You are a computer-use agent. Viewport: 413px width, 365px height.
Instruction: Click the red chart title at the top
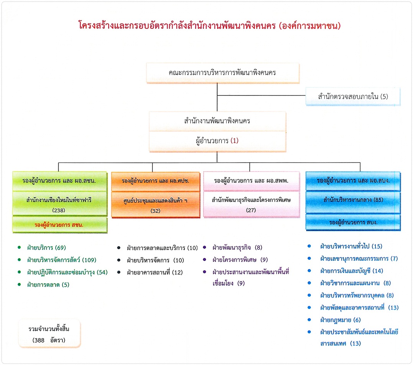click(209, 26)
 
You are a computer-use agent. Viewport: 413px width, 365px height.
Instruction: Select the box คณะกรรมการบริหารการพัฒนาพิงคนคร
click(223, 73)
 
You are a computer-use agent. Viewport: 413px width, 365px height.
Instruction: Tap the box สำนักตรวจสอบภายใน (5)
click(353, 96)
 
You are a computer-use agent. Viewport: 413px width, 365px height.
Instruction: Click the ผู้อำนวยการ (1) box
click(217, 141)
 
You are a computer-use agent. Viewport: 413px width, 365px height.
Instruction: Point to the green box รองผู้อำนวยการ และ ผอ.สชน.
click(60, 181)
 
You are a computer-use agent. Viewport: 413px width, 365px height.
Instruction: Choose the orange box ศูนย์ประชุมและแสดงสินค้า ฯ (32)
click(155, 205)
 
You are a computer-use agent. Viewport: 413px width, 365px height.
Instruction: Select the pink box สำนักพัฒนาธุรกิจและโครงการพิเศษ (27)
click(251, 205)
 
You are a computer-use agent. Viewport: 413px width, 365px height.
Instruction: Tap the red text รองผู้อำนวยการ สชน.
click(59, 225)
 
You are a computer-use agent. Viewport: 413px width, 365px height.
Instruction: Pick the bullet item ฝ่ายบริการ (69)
click(47, 248)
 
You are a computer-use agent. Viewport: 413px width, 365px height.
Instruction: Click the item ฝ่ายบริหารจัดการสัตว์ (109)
click(62, 260)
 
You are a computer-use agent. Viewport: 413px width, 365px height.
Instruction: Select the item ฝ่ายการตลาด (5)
click(48, 285)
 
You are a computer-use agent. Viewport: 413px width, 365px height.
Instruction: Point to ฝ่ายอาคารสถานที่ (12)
click(155, 272)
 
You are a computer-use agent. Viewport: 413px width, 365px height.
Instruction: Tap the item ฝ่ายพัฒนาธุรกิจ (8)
click(237, 248)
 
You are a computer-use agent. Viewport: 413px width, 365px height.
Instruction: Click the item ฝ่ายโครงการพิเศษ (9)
click(240, 260)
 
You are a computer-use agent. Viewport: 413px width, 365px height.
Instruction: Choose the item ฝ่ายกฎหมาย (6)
click(340, 320)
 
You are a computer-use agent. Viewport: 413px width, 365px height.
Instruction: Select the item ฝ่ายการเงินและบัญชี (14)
click(352, 271)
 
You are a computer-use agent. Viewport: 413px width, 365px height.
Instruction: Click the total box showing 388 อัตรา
click(49, 334)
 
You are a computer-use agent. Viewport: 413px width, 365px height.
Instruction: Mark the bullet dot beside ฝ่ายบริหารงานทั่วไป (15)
click(309, 246)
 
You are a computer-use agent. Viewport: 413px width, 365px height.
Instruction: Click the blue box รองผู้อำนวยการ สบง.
click(353, 222)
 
